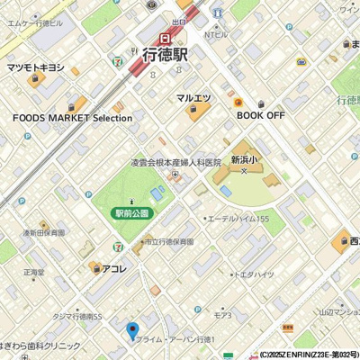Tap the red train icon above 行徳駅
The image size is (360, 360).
pos(166,38)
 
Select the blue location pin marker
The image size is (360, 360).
pos(133,331)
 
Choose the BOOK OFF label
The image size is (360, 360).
pos(261,116)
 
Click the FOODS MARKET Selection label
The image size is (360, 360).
pos(72,118)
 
